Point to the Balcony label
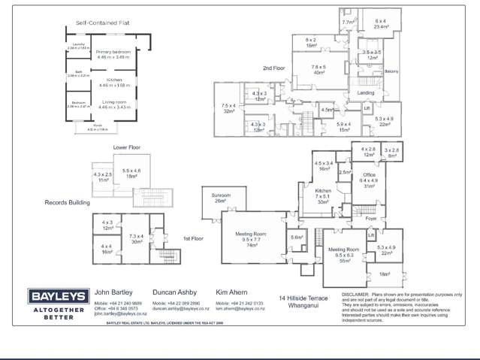[x=391, y=72]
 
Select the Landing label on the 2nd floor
[x=366, y=93]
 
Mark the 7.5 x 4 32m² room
[x=228, y=107]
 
